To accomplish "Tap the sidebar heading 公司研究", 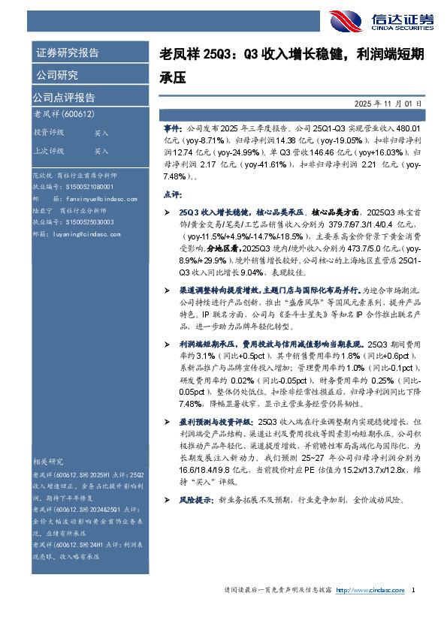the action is coord(56,75).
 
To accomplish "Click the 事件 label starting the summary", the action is coord(173,129).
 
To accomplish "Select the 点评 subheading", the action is coord(171,194).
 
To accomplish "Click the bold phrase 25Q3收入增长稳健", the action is coord(213,214).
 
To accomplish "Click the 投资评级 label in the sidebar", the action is coord(48,132).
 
